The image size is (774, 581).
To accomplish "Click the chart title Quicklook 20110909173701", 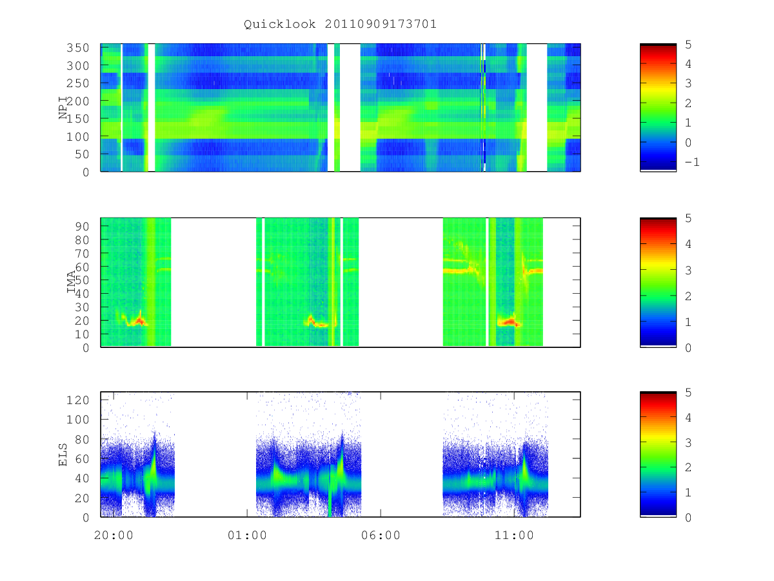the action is (340, 24).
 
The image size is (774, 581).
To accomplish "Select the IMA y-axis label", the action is (71, 281).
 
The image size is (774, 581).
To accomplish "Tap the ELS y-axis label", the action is (63, 454).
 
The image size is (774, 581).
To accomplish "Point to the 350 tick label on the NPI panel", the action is (77, 48).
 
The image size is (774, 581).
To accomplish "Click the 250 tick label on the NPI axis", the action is (77, 83).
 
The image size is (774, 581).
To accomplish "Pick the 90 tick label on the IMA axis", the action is (82, 226).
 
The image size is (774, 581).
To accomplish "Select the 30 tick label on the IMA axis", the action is (82, 307).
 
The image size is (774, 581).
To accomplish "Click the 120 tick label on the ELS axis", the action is (77, 400).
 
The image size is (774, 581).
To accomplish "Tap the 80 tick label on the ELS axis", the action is (82, 439).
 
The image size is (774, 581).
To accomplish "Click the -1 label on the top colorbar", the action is (691, 162).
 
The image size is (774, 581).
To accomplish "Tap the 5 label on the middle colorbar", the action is (688, 218).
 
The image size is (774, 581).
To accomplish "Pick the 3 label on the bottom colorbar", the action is (688, 442).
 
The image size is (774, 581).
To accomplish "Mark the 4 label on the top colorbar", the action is (688, 64).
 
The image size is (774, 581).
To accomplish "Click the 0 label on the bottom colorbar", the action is (688, 517).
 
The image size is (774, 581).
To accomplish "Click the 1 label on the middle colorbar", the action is (688, 321).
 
